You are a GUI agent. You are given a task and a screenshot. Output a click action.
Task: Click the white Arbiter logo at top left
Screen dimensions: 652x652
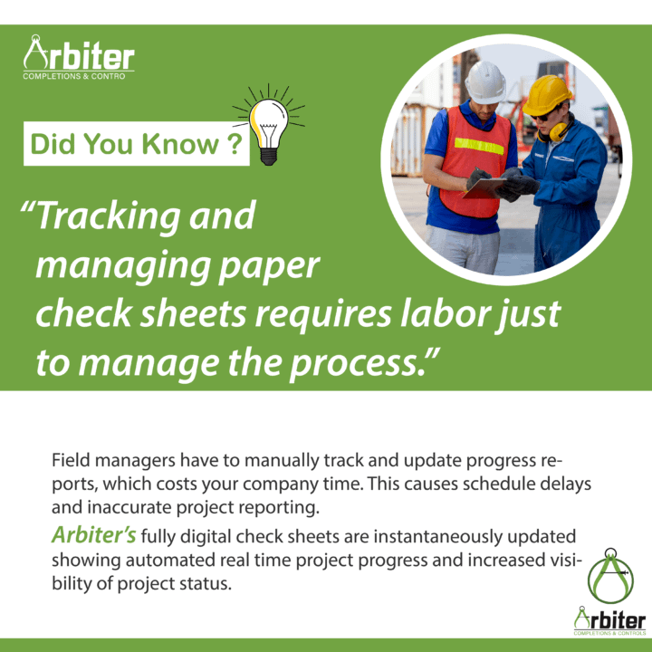(79, 57)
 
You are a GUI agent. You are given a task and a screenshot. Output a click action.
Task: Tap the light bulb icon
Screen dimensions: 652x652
(269, 125)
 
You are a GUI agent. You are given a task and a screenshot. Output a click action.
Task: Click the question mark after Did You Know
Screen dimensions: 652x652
(235, 144)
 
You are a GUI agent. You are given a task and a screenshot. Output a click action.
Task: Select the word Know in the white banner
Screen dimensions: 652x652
(180, 144)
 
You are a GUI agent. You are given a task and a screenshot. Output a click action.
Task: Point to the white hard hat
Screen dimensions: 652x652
(485, 82)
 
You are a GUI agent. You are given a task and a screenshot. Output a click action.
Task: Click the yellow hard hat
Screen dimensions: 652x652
(546, 95)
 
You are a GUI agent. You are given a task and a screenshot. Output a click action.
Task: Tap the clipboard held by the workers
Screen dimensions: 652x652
(484, 188)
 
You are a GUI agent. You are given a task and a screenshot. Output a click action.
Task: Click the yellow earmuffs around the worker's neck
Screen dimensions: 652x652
(556, 130)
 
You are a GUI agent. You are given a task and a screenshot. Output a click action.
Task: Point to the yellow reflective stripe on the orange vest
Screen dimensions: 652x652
(479, 146)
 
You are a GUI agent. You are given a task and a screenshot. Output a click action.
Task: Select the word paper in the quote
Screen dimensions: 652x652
(269, 266)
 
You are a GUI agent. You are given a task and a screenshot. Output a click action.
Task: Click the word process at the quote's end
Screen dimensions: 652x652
(353, 364)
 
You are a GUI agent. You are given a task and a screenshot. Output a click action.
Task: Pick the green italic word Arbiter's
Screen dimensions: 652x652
(94, 535)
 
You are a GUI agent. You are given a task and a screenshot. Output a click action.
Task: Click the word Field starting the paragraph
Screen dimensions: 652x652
(71, 460)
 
